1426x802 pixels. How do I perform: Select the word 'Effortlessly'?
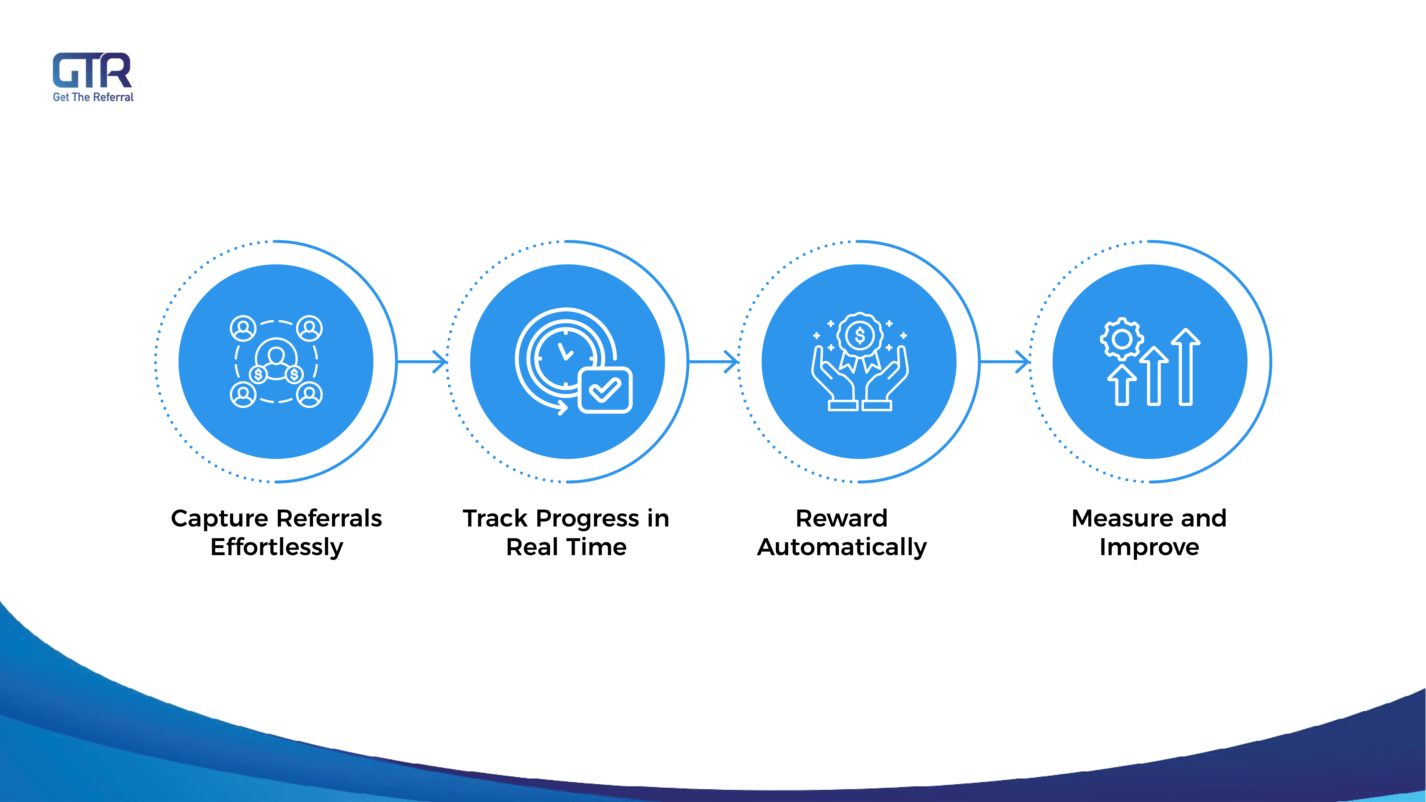tap(277, 547)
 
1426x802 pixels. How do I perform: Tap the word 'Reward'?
tap(841, 519)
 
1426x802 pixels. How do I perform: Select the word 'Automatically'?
tap(841, 547)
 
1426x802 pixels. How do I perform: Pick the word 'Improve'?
tap(1149, 547)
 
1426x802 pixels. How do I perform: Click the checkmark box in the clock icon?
tap(605, 390)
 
